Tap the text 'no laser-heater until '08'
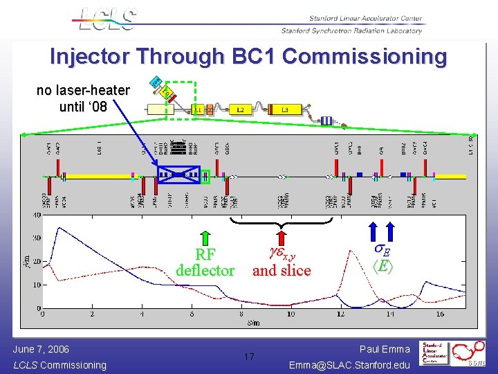[x=83, y=98]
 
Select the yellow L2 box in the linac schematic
[x=241, y=110]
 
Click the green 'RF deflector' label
[x=205, y=262]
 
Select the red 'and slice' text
[x=282, y=270]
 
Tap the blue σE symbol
[x=382, y=250]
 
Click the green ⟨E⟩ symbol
[x=382, y=265]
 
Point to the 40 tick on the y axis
[x=35, y=215]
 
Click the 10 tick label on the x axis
[x=290, y=314]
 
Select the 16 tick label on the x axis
[x=440, y=314]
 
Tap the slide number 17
[x=249, y=357]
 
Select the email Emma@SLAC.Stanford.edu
[x=349, y=365]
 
